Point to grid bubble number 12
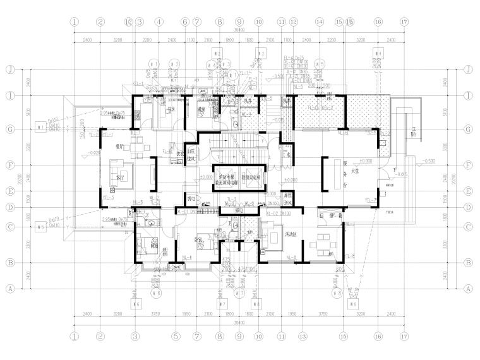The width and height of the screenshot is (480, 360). click(294, 21)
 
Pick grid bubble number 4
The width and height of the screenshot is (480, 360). click(159, 21)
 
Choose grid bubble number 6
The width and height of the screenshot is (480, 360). click(185, 21)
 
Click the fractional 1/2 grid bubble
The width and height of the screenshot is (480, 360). click(128, 21)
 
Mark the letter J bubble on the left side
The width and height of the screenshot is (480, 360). click(9, 69)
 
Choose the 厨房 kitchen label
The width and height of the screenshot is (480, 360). click(170, 109)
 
